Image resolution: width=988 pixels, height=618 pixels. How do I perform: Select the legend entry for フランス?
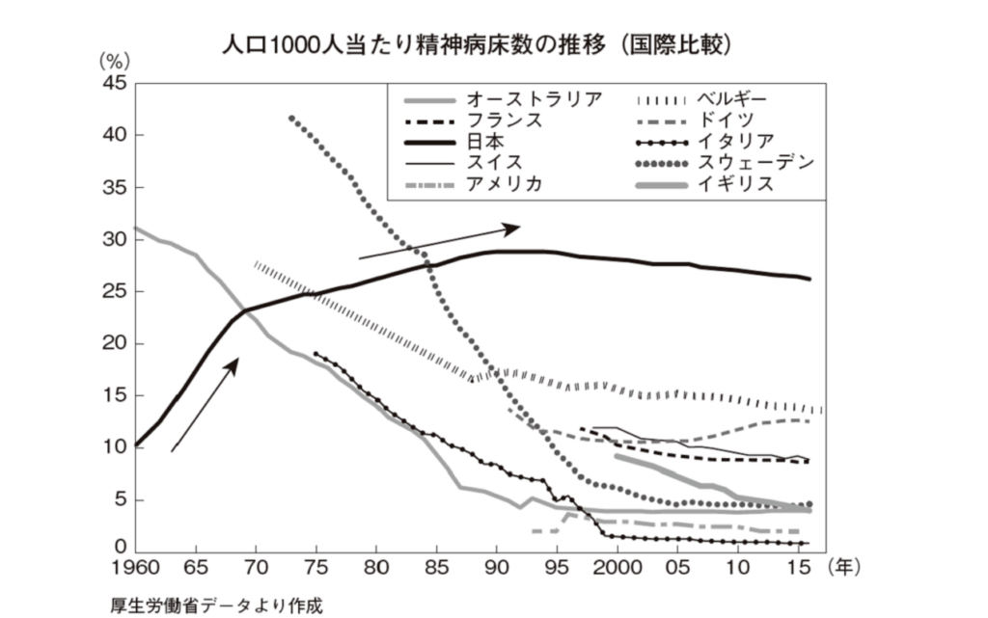(503, 121)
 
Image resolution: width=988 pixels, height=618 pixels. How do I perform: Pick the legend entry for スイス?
(493, 163)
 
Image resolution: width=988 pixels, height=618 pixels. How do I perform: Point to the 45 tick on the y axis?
(114, 83)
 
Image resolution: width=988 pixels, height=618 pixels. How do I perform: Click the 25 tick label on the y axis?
(114, 291)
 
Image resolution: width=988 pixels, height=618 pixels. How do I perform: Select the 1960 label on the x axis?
(134, 566)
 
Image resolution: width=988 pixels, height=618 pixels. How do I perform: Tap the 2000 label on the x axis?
(617, 566)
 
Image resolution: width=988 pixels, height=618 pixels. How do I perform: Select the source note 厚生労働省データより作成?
(216, 605)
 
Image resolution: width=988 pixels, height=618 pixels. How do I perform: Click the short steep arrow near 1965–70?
(205, 405)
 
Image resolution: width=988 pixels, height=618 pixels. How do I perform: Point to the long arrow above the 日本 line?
(439, 242)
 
